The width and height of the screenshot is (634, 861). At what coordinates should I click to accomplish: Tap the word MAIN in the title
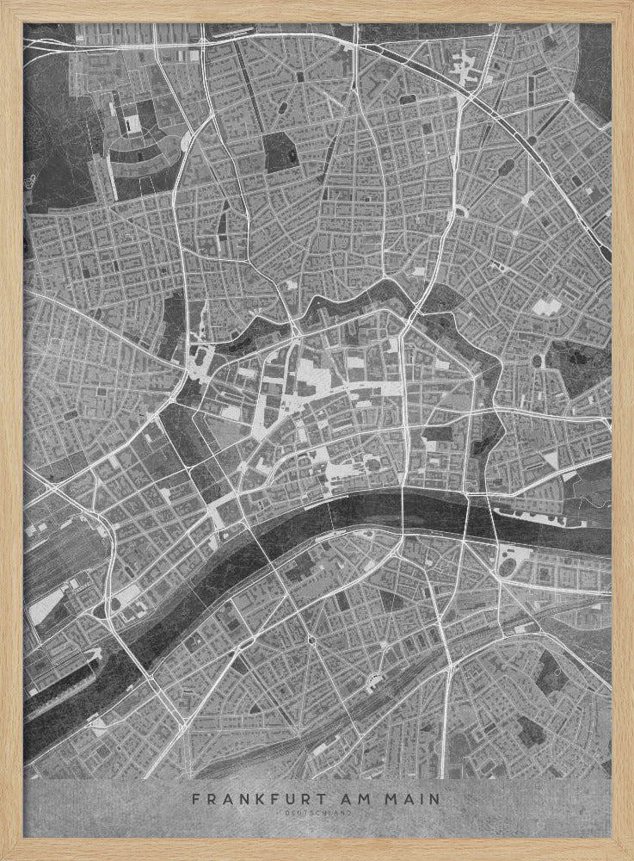412,799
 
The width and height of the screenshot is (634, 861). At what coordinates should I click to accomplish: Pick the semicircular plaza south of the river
374,682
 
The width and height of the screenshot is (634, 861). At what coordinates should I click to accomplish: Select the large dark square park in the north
278,153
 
